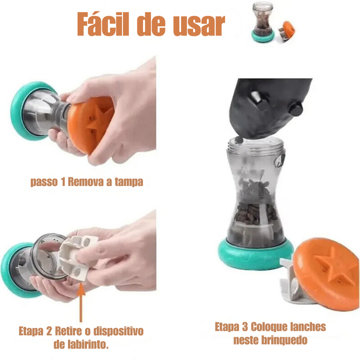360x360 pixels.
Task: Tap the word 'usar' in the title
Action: pos(199,25)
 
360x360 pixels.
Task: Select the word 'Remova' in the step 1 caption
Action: pos(86,182)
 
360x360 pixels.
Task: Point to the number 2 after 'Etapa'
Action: pos(49,331)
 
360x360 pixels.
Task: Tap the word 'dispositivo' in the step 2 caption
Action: pos(118,331)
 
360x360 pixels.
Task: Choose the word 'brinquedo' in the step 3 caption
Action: pos(284,340)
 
